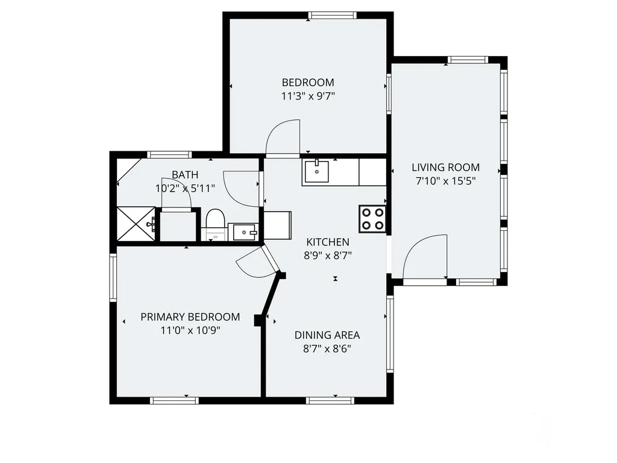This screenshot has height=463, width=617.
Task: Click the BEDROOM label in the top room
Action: point(308,83)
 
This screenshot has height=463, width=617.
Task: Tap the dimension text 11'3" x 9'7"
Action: point(308,96)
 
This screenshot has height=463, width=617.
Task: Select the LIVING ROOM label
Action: point(445,168)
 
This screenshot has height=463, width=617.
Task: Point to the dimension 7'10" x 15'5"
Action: point(445,181)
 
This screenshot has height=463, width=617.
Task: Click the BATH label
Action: point(185,175)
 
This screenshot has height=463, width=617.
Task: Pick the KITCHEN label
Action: point(328,242)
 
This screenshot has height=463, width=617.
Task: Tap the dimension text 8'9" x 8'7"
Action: point(328,256)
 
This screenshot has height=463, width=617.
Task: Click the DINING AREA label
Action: point(327,335)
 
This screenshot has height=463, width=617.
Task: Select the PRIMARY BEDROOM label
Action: point(190,317)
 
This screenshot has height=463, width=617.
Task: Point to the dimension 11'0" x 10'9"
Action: point(190,330)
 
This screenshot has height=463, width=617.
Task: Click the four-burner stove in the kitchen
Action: point(372,219)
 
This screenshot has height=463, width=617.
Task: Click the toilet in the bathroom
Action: point(215,224)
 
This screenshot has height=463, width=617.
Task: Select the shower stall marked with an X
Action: point(136,224)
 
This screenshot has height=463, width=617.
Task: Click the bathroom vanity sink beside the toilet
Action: point(245,232)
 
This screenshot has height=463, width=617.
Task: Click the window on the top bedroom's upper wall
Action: point(332,15)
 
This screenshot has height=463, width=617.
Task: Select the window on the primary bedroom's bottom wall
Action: point(174,400)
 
